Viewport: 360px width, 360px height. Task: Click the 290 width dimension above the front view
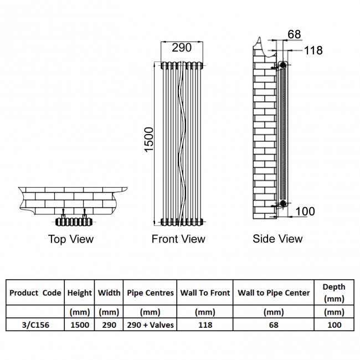[181, 48]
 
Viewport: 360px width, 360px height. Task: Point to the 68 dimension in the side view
[294, 34]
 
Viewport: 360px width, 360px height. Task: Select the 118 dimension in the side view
[313, 50]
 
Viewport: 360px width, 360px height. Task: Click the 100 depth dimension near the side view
[305, 211]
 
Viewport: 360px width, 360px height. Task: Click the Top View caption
[71, 239]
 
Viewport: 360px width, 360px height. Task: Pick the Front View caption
[178, 239]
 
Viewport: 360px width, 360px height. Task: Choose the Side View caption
[277, 239]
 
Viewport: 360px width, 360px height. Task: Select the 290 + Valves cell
[150, 325]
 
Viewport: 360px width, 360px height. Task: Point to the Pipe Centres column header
[150, 293]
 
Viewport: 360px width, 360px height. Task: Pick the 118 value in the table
[205, 325]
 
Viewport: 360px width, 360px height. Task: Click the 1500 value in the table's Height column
[80, 325]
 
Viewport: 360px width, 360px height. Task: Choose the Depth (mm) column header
[333, 292]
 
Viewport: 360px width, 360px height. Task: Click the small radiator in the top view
[74, 222]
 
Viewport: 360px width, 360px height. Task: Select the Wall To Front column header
[205, 293]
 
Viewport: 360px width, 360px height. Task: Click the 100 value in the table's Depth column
[333, 325]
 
